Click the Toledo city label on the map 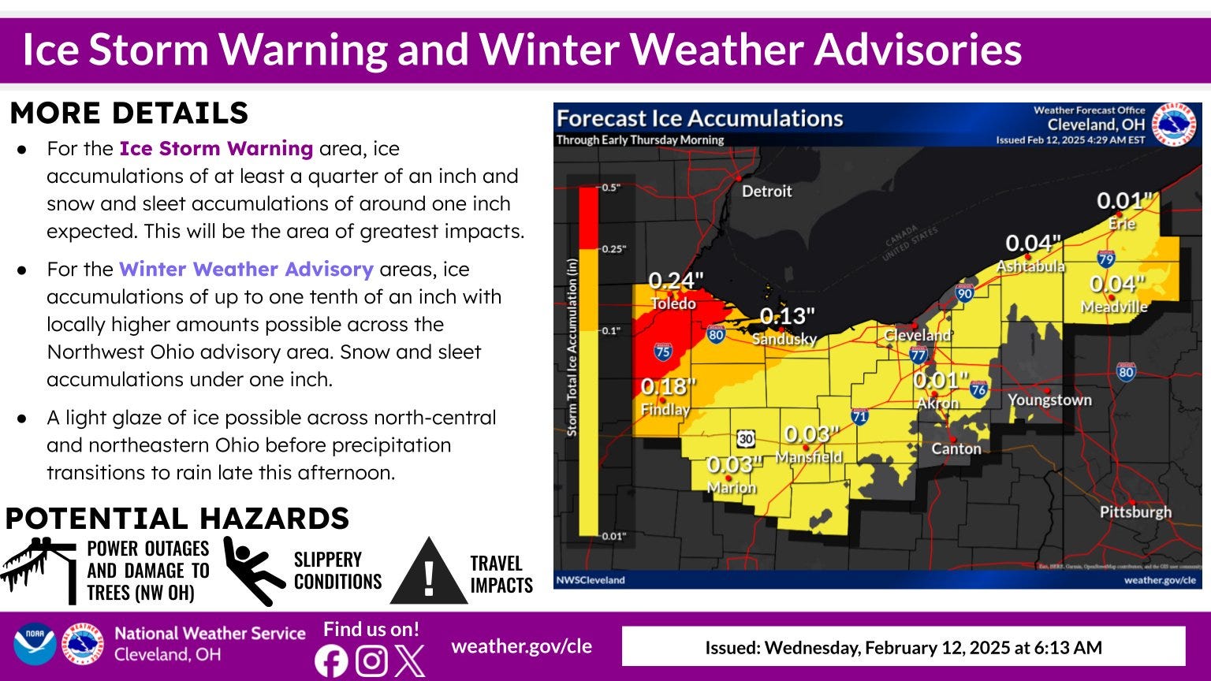pyautogui.click(x=673, y=303)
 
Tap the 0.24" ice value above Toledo pyautogui.click(x=676, y=281)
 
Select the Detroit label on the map pyautogui.click(x=766, y=191)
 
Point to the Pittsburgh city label pyautogui.click(x=1135, y=512)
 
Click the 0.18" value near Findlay pyautogui.click(x=668, y=387)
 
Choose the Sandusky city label pyautogui.click(x=784, y=339)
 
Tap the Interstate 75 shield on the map pyautogui.click(x=662, y=352)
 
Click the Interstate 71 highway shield pyautogui.click(x=859, y=415)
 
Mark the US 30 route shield pyautogui.click(x=746, y=437)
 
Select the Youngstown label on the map pyautogui.click(x=1049, y=400)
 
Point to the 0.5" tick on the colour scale pyautogui.click(x=611, y=188)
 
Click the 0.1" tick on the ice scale pyautogui.click(x=611, y=330)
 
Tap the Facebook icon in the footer pyautogui.click(x=331, y=661)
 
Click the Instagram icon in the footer pyautogui.click(x=371, y=661)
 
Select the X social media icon pyautogui.click(x=409, y=661)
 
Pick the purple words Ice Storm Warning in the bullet pyautogui.click(x=216, y=148)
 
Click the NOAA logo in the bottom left pyautogui.click(x=34, y=644)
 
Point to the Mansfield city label pyautogui.click(x=808, y=457)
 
